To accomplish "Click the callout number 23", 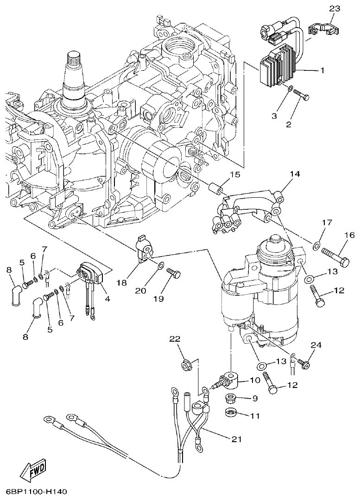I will point(334,8).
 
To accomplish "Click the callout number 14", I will point(295,175).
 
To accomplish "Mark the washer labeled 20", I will point(159,266).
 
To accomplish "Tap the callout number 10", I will point(255,380).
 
